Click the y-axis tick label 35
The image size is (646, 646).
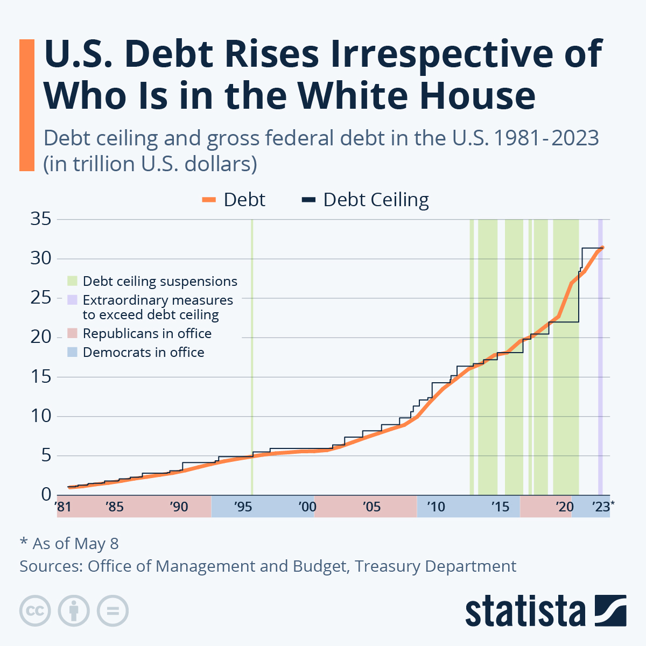tap(41, 219)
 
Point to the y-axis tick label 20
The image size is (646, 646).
tap(41, 337)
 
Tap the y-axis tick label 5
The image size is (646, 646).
tap(46, 455)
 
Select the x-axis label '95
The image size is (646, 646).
tap(243, 507)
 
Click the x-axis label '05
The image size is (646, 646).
tap(371, 507)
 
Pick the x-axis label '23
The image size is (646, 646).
tap(601, 507)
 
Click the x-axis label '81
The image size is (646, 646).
tap(63, 507)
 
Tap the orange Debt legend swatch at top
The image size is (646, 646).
tap(209, 200)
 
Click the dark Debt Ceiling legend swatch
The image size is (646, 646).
tap(308, 200)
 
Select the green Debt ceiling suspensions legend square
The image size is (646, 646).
tap(72, 281)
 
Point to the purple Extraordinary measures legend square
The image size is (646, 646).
tap(72, 300)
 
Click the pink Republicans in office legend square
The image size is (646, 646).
tap(72, 333)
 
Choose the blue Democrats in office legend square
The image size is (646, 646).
tap(72, 352)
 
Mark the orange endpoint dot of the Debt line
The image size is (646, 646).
tap(602, 248)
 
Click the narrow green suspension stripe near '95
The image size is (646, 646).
tap(252, 355)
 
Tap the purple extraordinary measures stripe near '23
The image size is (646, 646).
tap(600, 377)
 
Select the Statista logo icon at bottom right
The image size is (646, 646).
tap(610, 610)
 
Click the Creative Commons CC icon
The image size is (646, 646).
tap(35, 611)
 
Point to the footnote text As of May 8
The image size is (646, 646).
tap(75, 544)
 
